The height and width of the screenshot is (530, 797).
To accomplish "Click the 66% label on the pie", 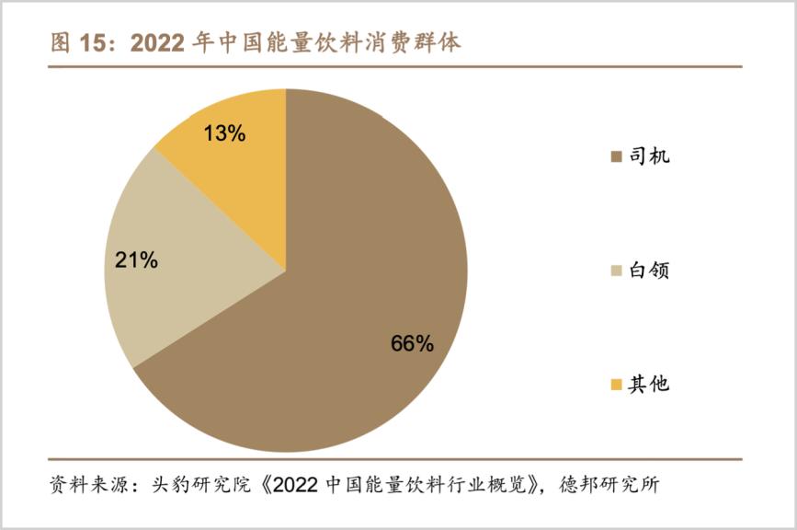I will coord(412,344).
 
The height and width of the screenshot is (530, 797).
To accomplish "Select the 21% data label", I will coord(136,260).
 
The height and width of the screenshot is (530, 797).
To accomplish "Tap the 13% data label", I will coord(223,133).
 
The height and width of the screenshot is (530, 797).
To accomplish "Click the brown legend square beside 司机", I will coord(616,156).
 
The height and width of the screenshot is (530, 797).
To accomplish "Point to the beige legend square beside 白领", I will coord(616,271).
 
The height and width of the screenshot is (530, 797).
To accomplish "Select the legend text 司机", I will coord(649,156).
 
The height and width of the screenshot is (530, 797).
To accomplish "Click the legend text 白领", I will coord(649,271).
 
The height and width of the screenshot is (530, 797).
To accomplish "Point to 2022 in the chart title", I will coord(160,43).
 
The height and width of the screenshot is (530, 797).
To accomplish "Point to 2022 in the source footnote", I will coord(291,485).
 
